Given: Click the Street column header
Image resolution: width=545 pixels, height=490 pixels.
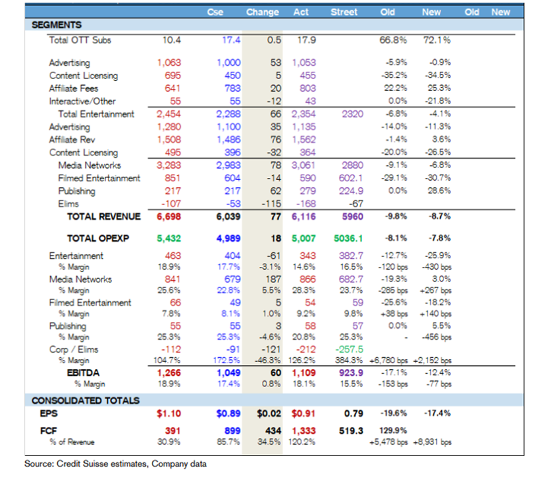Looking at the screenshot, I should [343, 12].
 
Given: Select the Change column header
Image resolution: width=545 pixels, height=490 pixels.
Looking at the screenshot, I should [263, 12].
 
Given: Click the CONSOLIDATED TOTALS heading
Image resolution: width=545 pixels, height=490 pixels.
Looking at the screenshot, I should [86, 400].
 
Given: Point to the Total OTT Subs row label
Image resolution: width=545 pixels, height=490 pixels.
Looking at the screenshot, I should [80, 40].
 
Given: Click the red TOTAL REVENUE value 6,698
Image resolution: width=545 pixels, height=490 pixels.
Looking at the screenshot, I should [169, 216].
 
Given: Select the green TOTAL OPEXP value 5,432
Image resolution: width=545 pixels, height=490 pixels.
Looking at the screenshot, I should [169, 238].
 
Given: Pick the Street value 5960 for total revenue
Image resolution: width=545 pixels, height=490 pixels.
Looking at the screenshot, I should [352, 216].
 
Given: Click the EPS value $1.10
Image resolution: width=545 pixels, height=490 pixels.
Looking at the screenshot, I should [168, 413].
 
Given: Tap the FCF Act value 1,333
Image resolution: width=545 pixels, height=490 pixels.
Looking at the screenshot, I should [303, 430].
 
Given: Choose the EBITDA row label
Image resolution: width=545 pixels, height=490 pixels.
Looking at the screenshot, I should [84, 372].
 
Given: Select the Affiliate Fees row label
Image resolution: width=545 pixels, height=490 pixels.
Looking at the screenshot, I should [74, 88].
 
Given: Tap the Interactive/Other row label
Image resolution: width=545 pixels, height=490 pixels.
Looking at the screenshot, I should [82, 101].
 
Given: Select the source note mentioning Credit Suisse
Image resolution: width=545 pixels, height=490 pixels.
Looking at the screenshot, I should [115, 463].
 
